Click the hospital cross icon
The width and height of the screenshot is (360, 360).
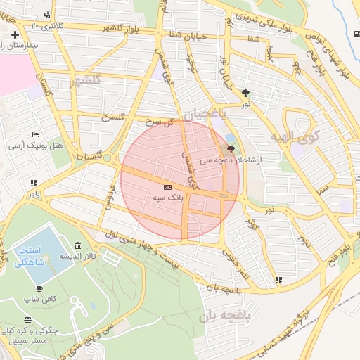[x=15, y=34]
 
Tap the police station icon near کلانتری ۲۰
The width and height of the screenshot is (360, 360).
[x=47, y=15]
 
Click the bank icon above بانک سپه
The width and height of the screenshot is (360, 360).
[x=167, y=188]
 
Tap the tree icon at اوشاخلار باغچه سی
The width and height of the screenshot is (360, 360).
[x=231, y=149]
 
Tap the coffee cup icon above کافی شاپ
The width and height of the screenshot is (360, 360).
[x=39, y=288]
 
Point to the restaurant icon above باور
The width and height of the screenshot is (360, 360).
[x=32, y=183]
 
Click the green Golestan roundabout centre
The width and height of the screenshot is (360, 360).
[x=107, y=158]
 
